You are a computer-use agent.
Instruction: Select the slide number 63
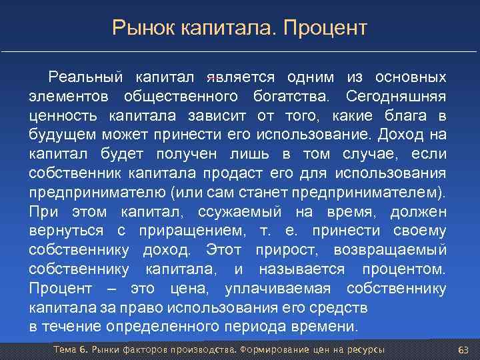point(463,351)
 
